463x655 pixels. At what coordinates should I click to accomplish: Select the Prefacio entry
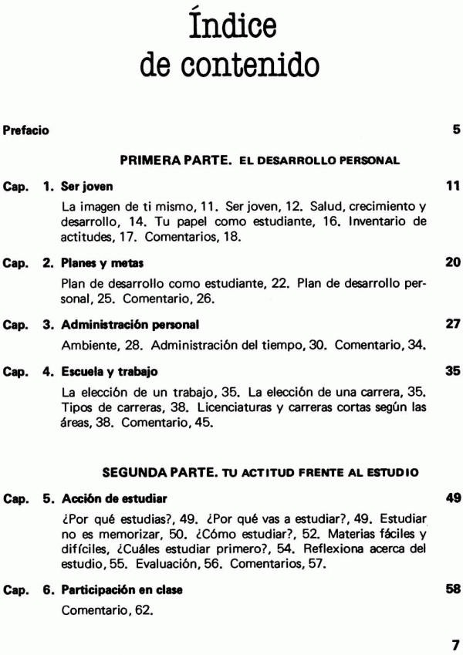point(26,130)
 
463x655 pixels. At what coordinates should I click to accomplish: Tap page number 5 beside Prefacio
point(456,130)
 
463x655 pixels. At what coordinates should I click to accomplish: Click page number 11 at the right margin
point(453,186)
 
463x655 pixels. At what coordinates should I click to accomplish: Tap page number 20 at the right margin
point(453,262)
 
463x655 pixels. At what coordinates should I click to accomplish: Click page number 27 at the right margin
point(453,320)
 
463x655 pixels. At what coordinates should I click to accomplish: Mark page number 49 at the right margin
point(453,498)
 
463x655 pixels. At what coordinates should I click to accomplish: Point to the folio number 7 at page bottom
point(455,642)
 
